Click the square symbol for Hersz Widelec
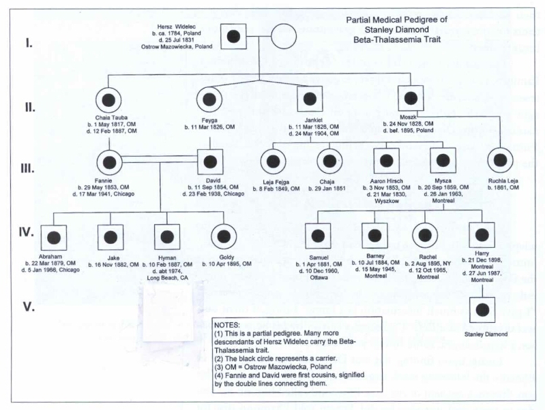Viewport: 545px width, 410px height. [234, 35]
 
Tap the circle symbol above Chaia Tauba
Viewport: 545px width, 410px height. [108, 99]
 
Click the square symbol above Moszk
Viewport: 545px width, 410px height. [411, 99]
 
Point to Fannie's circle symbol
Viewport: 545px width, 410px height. [108, 162]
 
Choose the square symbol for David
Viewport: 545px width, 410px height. [210, 162]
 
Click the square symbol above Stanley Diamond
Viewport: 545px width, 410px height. [482, 311]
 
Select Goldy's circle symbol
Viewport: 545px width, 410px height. [223, 237]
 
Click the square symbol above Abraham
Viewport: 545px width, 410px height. [53, 238]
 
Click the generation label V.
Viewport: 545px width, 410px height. [29, 307]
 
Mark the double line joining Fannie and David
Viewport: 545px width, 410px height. [160, 159]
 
